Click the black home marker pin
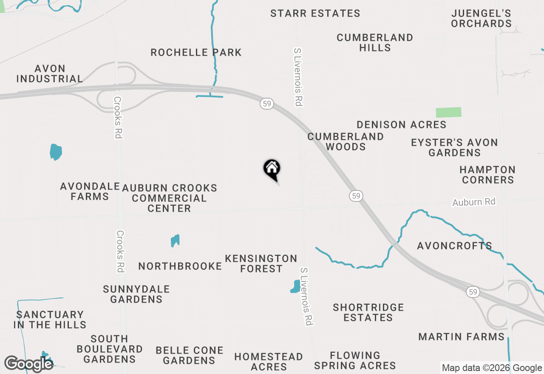pyautogui.click(x=272, y=169)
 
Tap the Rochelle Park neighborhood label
pyautogui.click(x=196, y=53)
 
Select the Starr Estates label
pyautogui.click(x=315, y=14)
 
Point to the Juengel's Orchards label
pyautogui.click(x=481, y=18)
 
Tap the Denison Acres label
pyautogui.click(x=401, y=125)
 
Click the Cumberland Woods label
pyautogui.click(x=346, y=142)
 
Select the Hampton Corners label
pyautogui.click(x=487, y=175)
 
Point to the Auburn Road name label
pyautogui.click(x=474, y=202)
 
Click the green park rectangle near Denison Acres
pyautogui.click(x=448, y=112)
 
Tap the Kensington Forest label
pyautogui.click(x=261, y=263)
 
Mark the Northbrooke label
pyautogui.click(x=180, y=266)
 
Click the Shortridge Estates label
pyautogui.click(x=368, y=312)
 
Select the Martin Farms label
pyautogui.click(x=461, y=337)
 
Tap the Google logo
pyautogui.click(x=28, y=364)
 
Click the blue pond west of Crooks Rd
pyautogui.click(x=56, y=152)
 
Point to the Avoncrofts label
pyautogui.click(x=454, y=246)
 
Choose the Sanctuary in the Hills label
pyautogui.click(x=50, y=320)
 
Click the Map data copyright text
pyautogui.click(x=492, y=368)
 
